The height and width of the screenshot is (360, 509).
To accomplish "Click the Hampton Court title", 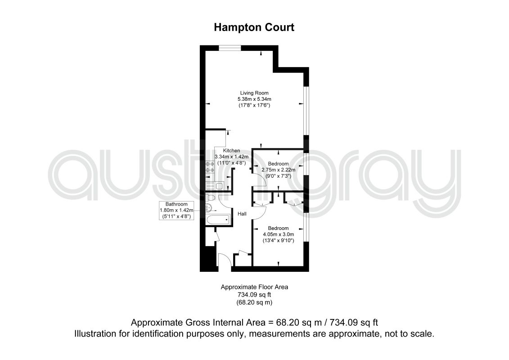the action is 254,27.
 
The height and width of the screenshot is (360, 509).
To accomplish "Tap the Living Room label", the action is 254,93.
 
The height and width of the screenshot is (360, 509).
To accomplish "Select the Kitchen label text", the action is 231,151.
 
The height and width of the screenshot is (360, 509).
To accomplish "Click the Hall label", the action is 242,214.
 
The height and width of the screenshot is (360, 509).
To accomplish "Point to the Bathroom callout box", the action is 176,210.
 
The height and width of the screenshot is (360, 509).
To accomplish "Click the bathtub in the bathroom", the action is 218,220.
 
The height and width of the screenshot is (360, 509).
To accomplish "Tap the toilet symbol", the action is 210,198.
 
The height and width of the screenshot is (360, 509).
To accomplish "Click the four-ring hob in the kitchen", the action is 210,167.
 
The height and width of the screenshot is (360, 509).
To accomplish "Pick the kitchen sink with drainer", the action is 215,186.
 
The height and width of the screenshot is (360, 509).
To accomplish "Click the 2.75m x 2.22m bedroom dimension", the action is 279,170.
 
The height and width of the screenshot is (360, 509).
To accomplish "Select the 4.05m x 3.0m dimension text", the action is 279,234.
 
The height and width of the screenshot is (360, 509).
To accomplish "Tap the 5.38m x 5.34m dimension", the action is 255,99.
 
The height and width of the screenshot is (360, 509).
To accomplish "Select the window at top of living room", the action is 230,48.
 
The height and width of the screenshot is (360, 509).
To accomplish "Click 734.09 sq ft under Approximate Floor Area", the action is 255,295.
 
